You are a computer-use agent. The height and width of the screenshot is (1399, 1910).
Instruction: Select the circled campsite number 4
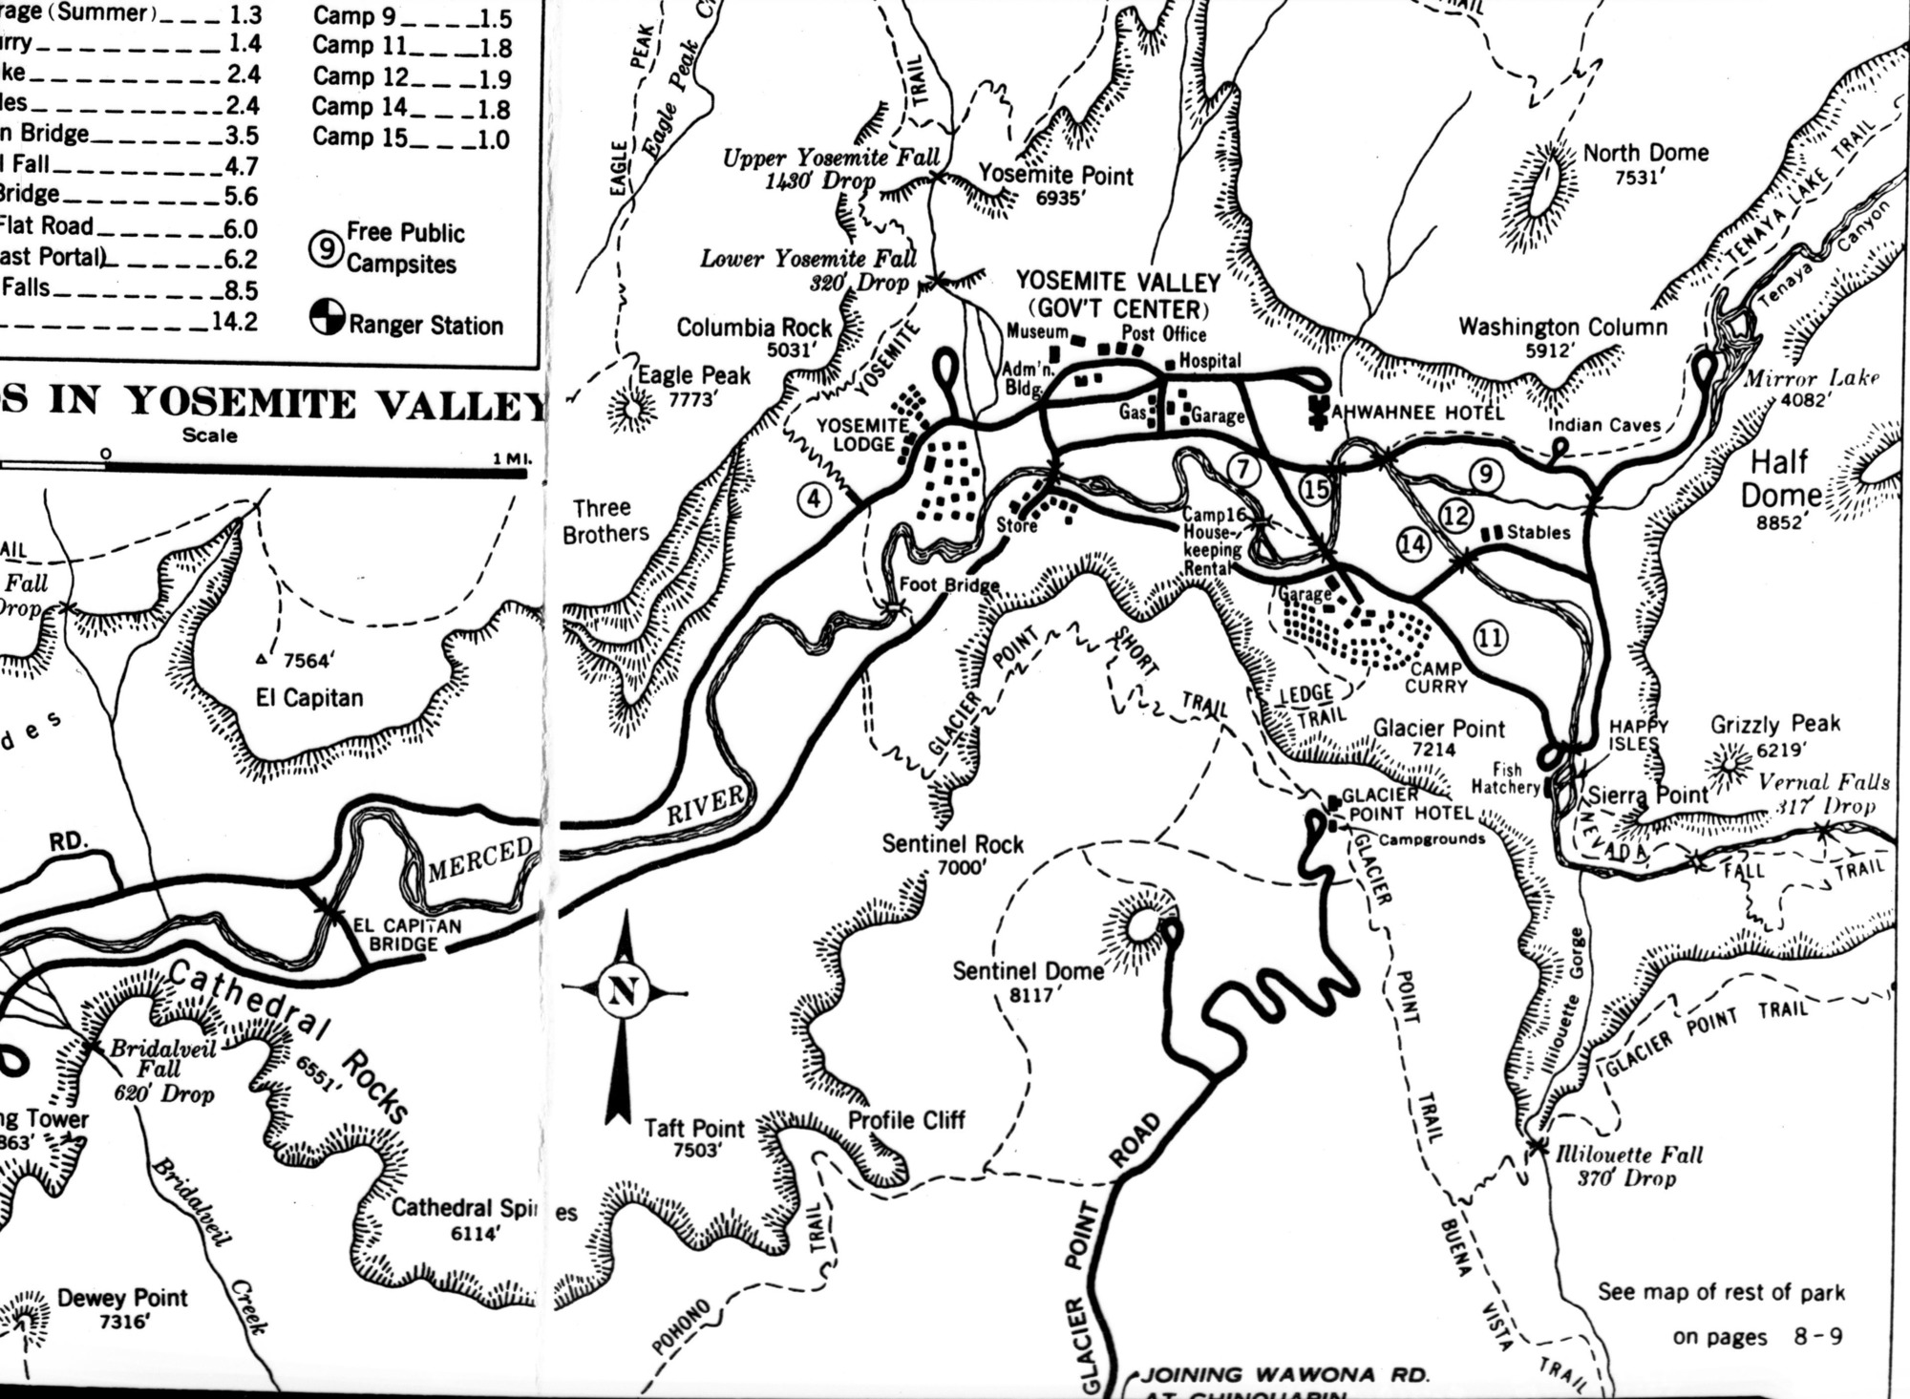[x=814, y=498]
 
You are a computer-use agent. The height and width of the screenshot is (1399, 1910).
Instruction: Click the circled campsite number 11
[x=1491, y=637]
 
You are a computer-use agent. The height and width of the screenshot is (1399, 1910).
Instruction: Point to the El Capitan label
[x=309, y=698]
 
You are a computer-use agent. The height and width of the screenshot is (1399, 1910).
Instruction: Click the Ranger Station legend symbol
[x=327, y=318]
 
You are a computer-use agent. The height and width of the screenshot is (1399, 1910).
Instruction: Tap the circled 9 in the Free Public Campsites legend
[x=326, y=247]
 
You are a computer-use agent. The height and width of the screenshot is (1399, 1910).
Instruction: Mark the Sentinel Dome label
[x=1028, y=971]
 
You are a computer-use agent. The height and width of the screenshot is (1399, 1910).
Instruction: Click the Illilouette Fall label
[x=1629, y=1155]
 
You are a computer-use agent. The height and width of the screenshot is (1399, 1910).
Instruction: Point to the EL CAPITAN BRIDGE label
[x=408, y=935]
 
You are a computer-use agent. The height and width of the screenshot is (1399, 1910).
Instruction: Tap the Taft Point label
[x=693, y=1129]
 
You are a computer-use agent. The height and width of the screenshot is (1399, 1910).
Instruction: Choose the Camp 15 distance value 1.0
[x=493, y=139]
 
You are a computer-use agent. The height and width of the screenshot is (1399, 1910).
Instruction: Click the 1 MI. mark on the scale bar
[x=512, y=457]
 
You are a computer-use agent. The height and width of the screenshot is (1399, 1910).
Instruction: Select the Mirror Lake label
[x=1812, y=378]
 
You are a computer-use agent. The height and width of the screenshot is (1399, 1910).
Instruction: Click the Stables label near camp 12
[x=1539, y=532]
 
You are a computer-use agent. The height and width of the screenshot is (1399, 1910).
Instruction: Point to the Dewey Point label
[x=122, y=1298]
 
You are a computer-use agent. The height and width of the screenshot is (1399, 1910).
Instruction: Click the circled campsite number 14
[x=1413, y=544]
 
